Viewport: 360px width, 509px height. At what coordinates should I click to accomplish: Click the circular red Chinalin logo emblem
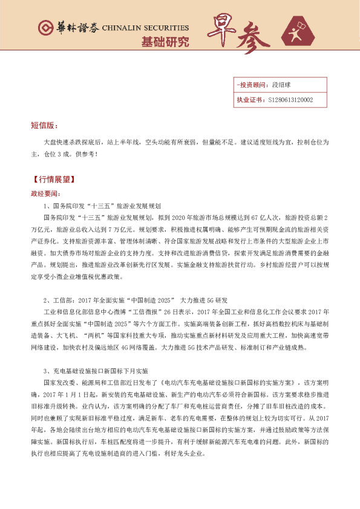(45, 28)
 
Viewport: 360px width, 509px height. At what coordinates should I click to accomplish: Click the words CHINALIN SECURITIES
(145, 28)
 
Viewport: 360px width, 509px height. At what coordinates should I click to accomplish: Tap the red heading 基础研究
(165, 42)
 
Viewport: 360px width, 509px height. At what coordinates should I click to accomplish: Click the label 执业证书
(249, 100)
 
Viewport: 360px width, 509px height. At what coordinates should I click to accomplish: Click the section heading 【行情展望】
(51, 180)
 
